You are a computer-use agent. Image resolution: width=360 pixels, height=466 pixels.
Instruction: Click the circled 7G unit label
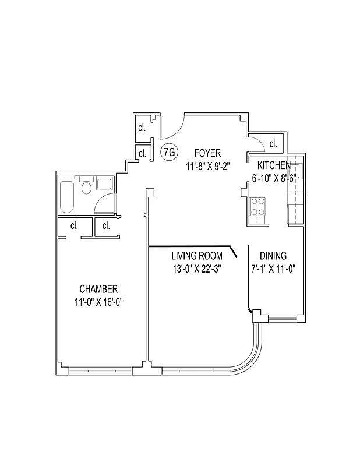click(x=168, y=153)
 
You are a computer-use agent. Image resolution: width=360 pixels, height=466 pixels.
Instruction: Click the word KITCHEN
click(x=274, y=165)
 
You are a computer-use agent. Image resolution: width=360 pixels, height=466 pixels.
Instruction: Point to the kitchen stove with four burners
click(x=259, y=207)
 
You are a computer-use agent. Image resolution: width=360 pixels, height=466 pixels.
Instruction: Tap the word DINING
click(x=273, y=256)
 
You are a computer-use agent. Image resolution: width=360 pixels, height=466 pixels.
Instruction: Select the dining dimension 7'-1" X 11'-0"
click(x=273, y=269)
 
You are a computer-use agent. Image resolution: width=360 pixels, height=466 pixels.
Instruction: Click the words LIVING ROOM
click(x=196, y=256)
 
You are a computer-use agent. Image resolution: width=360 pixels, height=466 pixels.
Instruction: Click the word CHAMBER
click(x=99, y=289)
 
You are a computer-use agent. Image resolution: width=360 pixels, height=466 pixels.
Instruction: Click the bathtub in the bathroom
click(x=66, y=198)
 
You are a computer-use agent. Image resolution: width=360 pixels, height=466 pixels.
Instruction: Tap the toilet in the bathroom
click(x=87, y=188)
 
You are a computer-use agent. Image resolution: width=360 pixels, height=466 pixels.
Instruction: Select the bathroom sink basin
click(x=105, y=185)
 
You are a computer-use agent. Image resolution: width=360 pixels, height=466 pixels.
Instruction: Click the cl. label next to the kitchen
click(x=273, y=144)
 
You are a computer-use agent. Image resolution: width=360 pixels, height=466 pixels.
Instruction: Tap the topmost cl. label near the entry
click(x=142, y=128)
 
